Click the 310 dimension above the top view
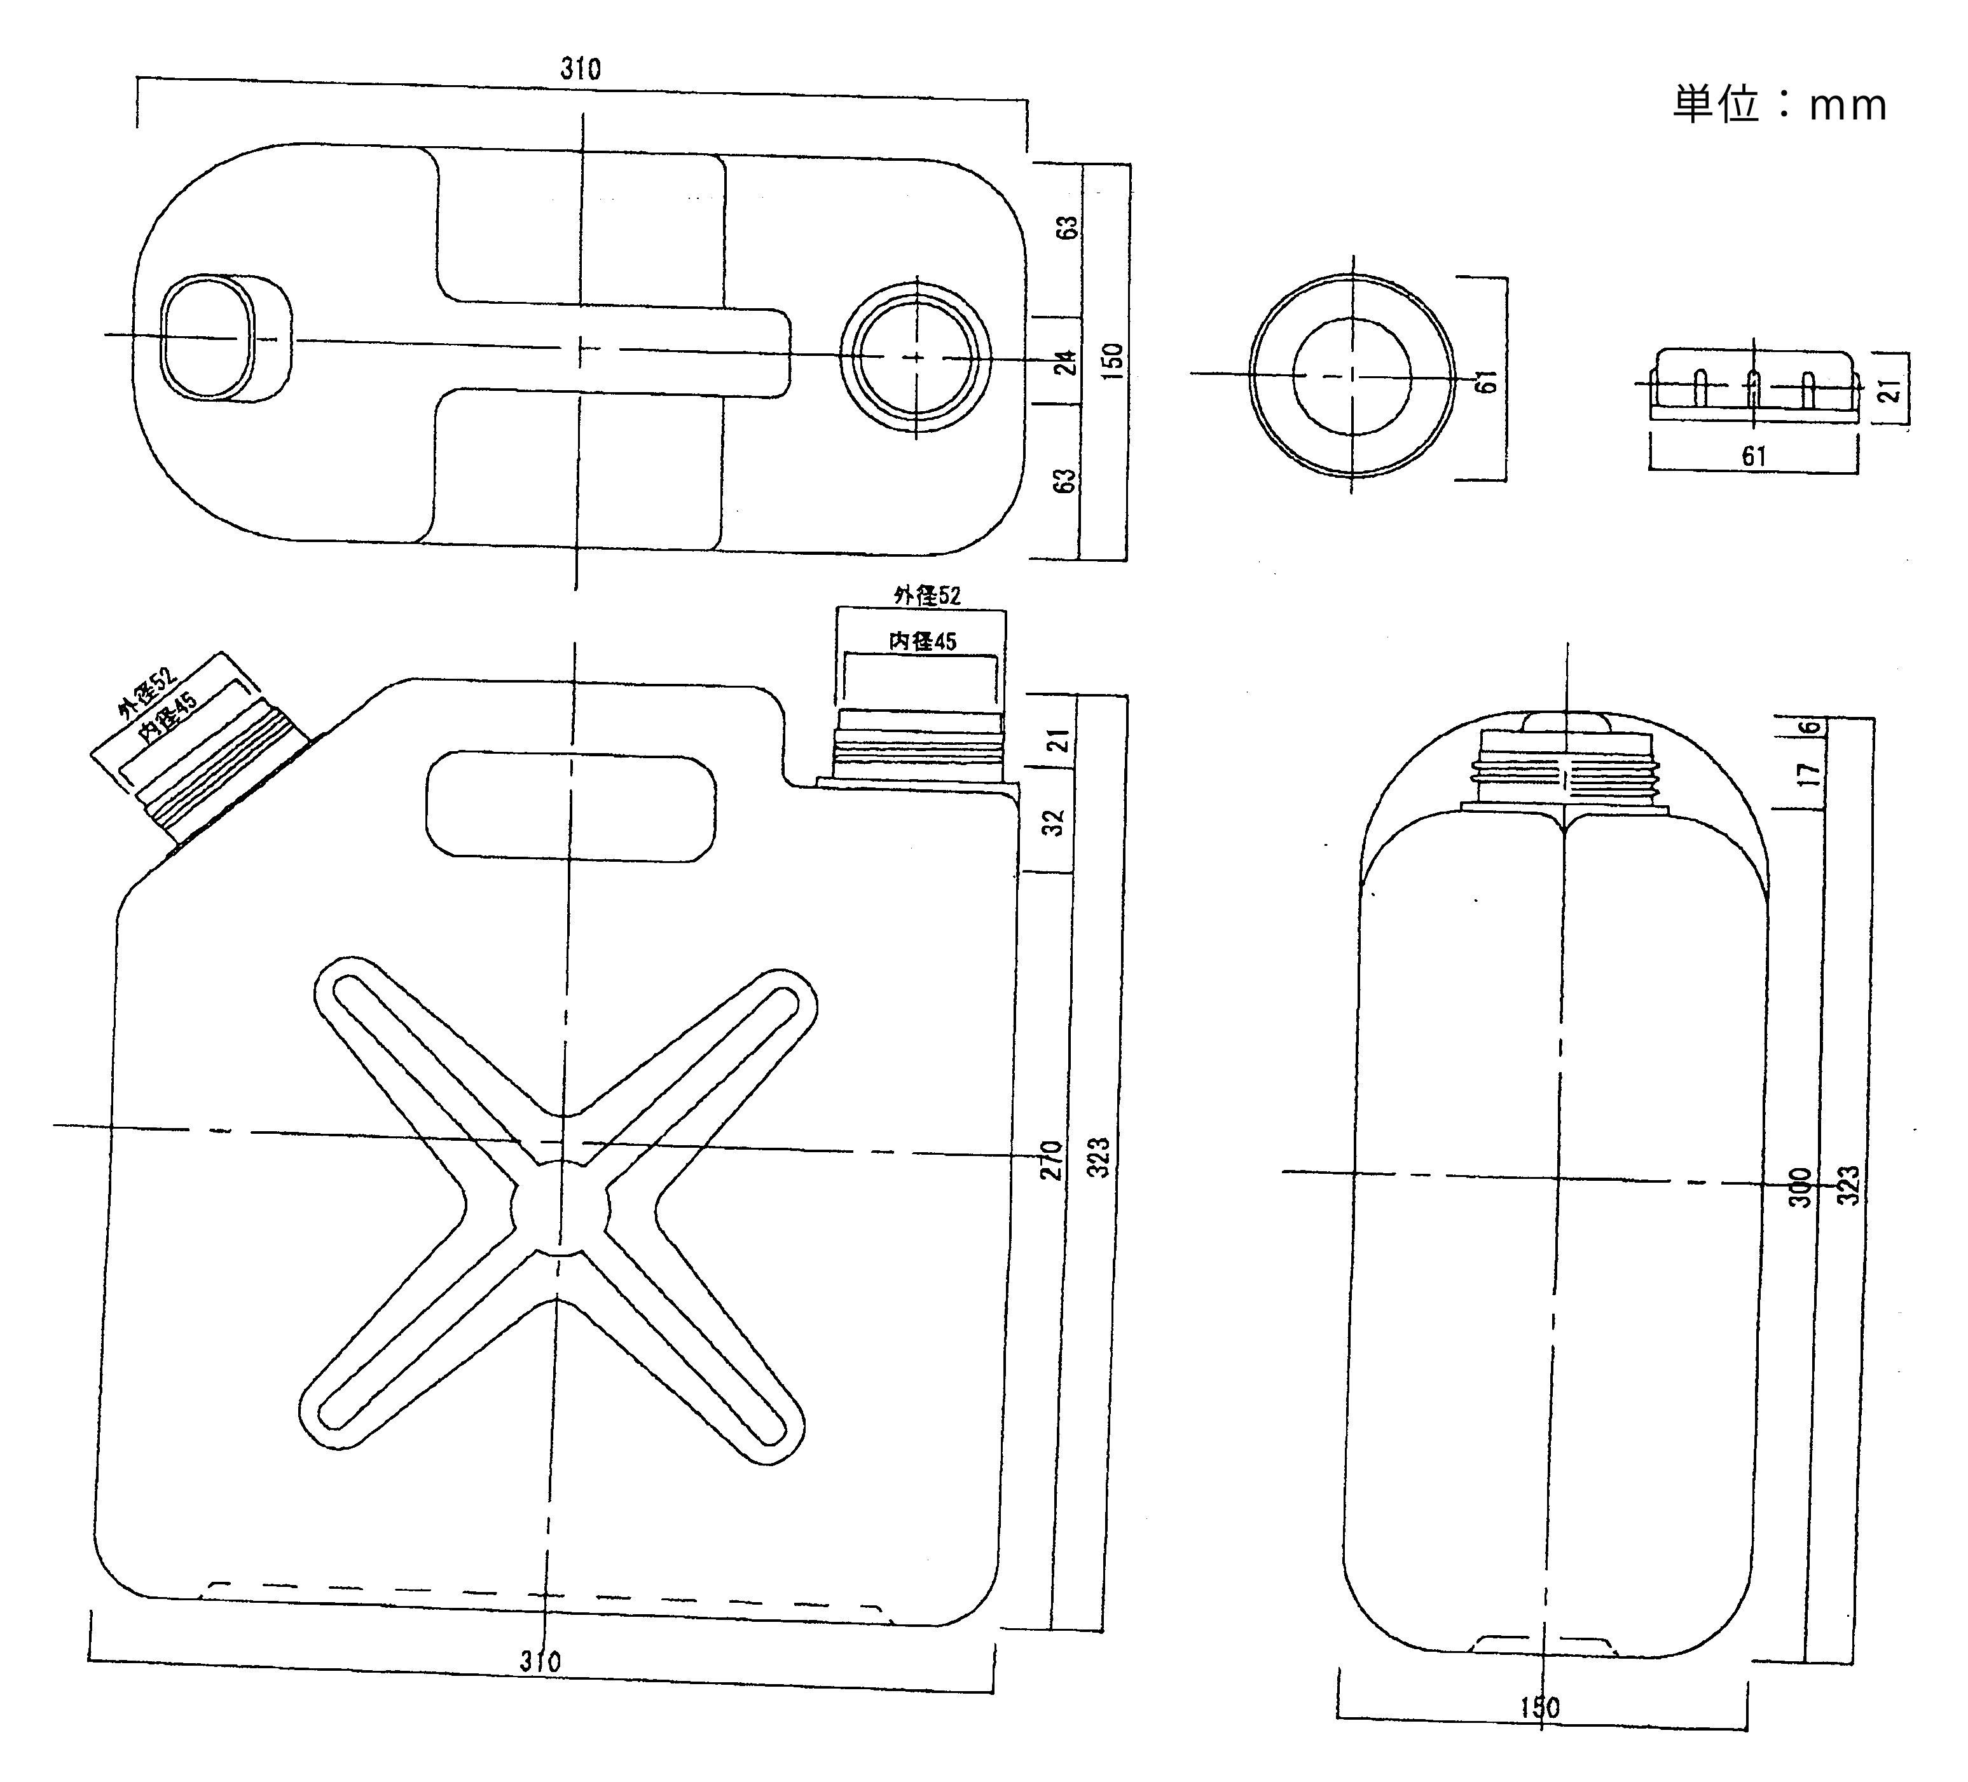581,69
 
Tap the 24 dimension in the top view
1068,362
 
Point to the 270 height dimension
1051,1159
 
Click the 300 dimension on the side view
1801,1187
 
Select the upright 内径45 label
923,641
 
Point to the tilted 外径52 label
146,693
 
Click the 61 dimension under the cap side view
1754,456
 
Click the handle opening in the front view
571,806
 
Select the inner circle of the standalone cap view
1352,376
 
